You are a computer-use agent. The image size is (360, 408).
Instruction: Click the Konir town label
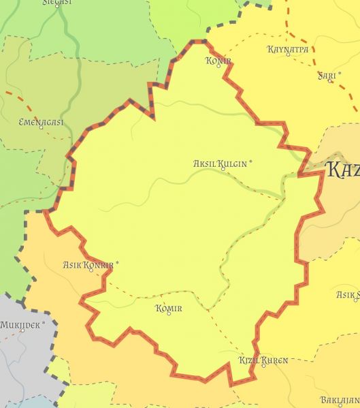(218, 61)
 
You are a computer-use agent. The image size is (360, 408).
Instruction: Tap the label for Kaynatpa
(288, 50)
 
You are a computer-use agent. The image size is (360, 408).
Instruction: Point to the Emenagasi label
(41, 122)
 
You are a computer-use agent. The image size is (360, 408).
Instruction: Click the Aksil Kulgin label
(220, 163)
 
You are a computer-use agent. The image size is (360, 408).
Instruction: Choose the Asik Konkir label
(88, 264)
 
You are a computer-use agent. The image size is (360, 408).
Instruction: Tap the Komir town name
(169, 309)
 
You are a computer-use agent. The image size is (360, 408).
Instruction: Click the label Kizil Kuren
(263, 360)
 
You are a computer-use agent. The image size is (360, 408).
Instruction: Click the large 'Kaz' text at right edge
(342, 170)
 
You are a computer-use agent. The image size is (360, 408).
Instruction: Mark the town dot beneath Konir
(219, 66)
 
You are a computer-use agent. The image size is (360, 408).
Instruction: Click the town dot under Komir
(169, 314)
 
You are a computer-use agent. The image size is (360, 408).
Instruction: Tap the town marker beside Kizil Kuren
(263, 366)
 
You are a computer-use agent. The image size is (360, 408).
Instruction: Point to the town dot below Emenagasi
(41, 127)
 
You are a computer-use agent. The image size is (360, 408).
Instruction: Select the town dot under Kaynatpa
(288, 56)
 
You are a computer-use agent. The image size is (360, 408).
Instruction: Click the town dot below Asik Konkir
(91, 270)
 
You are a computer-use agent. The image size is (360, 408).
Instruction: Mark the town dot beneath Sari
(331, 81)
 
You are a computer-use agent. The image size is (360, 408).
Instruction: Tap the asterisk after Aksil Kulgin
(250, 161)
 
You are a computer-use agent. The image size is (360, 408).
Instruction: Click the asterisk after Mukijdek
(44, 323)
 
